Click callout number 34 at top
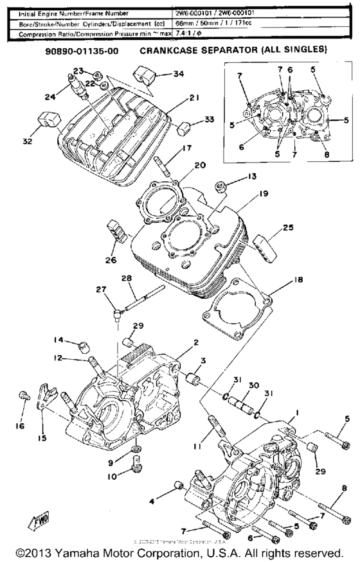(178, 74)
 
